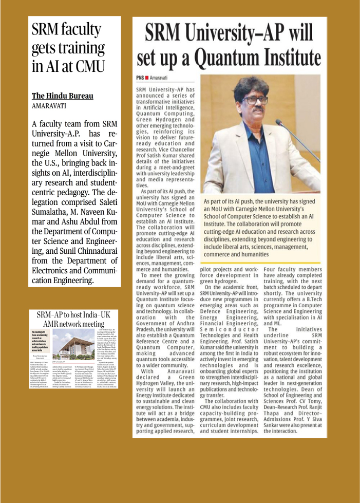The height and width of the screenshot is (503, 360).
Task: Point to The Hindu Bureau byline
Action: [63, 96]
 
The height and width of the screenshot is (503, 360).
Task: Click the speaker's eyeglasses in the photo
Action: [255, 100]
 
